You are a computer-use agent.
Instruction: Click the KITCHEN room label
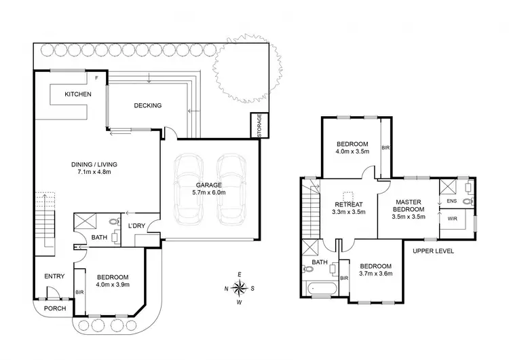tap(77, 94)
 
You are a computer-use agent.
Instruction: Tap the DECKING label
tap(147, 105)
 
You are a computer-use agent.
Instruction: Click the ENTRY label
tap(54, 276)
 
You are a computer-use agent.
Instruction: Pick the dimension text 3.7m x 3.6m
tap(375, 274)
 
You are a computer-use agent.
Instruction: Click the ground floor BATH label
tap(98, 237)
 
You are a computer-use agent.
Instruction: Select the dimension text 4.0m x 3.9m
tap(113, 286)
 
